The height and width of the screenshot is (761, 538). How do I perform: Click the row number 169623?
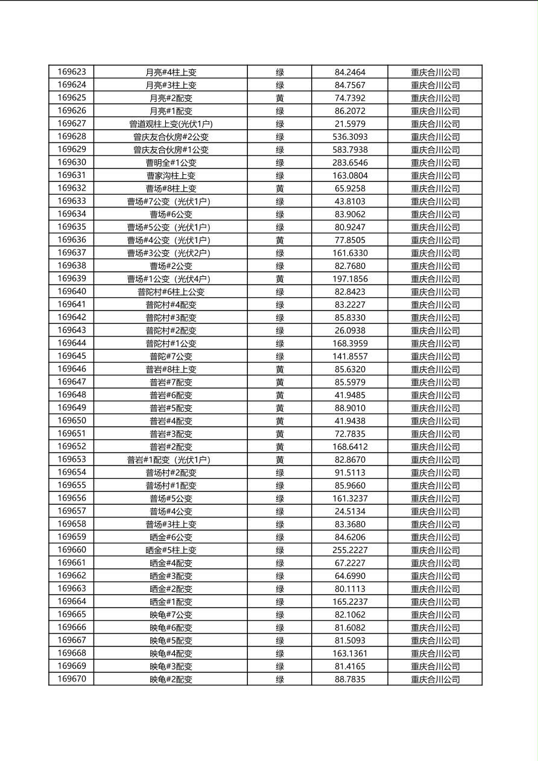72,72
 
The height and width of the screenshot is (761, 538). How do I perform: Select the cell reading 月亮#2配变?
171,98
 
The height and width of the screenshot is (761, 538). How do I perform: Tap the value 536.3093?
350,137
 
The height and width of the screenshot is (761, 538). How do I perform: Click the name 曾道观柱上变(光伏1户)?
171,124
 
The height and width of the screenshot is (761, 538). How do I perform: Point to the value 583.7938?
350,150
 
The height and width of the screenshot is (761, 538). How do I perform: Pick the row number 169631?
72,175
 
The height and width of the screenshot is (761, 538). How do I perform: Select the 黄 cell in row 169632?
280,189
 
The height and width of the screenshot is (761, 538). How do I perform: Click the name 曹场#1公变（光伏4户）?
171,279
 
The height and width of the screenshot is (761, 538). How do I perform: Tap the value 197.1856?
350,279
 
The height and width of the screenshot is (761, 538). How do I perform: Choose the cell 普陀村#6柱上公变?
171,292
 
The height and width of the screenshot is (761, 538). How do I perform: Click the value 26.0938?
350,330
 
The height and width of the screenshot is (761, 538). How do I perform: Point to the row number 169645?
72,356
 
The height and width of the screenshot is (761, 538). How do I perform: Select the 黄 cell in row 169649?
280,408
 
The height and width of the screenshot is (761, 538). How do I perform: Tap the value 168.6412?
350,447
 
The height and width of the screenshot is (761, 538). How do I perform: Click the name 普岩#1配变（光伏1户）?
171,460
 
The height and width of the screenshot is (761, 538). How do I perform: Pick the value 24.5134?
350,511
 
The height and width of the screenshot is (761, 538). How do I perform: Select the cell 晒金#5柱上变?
171,551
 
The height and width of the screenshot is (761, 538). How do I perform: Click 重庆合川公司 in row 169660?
435,551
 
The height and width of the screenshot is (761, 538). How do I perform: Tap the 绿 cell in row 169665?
280,615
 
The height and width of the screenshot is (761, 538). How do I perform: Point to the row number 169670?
72,680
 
